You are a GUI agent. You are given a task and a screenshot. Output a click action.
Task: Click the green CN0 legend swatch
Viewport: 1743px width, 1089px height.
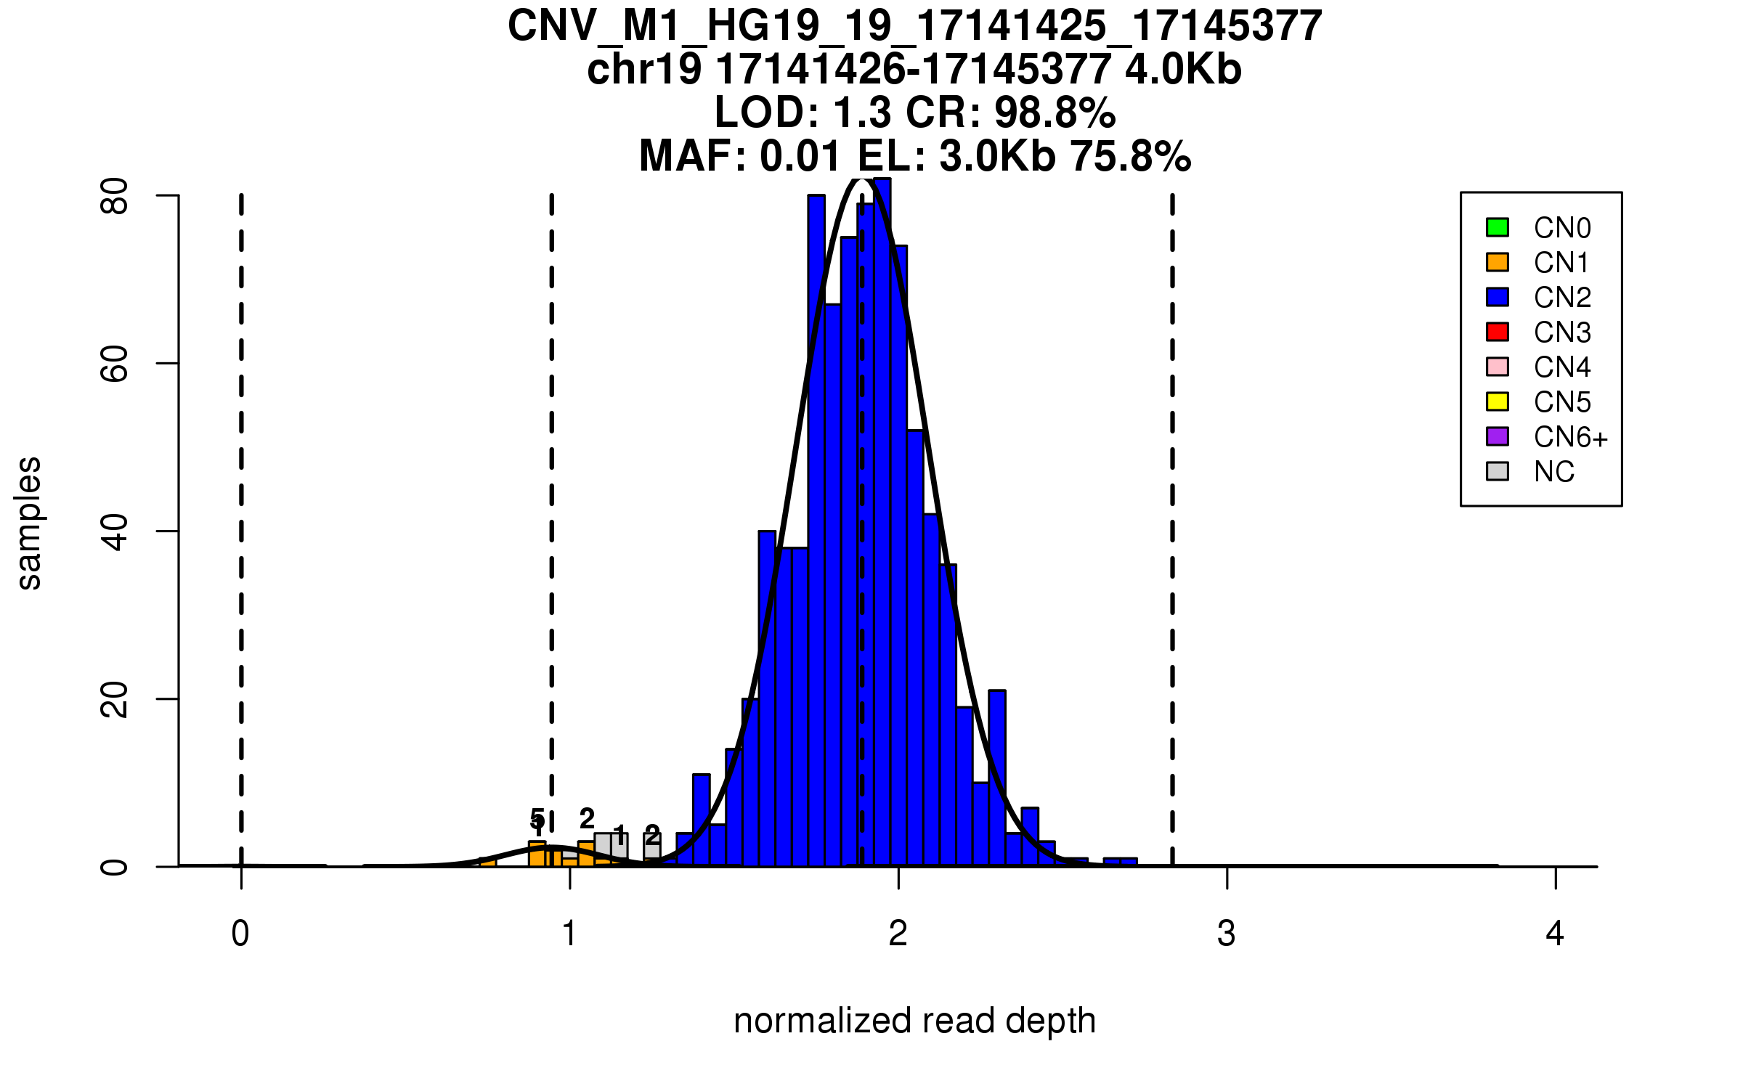1498,227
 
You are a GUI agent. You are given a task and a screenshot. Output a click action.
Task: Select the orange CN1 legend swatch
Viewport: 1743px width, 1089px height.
1498,262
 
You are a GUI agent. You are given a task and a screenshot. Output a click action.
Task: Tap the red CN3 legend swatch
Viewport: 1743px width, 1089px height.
1498,332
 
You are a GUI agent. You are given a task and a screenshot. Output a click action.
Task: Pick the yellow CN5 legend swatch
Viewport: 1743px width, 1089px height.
1498,401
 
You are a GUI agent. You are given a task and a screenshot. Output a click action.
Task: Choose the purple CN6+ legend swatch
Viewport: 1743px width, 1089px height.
1498,436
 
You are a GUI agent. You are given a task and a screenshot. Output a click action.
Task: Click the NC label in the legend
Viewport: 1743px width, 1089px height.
1554,472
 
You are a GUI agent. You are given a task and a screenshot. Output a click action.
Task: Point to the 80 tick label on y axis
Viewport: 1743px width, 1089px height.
115,196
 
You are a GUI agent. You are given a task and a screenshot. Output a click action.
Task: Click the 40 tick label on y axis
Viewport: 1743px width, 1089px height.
115,531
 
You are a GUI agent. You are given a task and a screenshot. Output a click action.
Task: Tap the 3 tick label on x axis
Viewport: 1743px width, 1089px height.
1227,934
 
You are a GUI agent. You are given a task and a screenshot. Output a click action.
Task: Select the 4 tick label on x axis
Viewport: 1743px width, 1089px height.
1555,934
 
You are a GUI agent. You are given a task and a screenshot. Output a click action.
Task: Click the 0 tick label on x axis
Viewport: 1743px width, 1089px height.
240,934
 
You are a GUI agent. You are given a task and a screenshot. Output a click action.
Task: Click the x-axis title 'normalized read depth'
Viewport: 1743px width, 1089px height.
914,1021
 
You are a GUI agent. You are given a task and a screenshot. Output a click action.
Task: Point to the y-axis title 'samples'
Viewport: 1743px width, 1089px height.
29,523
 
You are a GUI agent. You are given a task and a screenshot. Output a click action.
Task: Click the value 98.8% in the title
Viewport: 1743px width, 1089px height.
1055,113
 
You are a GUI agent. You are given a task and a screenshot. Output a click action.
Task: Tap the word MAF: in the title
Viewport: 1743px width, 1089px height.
693,156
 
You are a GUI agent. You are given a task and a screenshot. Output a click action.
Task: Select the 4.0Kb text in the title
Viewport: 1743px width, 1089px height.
1183,70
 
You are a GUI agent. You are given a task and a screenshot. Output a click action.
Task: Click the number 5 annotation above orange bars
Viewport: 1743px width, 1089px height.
537,819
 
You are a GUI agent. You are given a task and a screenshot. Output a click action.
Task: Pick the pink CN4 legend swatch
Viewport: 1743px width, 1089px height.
1498,367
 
